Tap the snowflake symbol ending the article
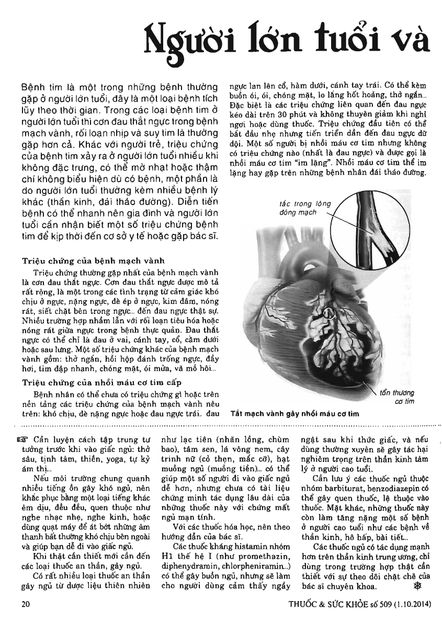(417, 585)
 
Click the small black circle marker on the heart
(328, 313)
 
